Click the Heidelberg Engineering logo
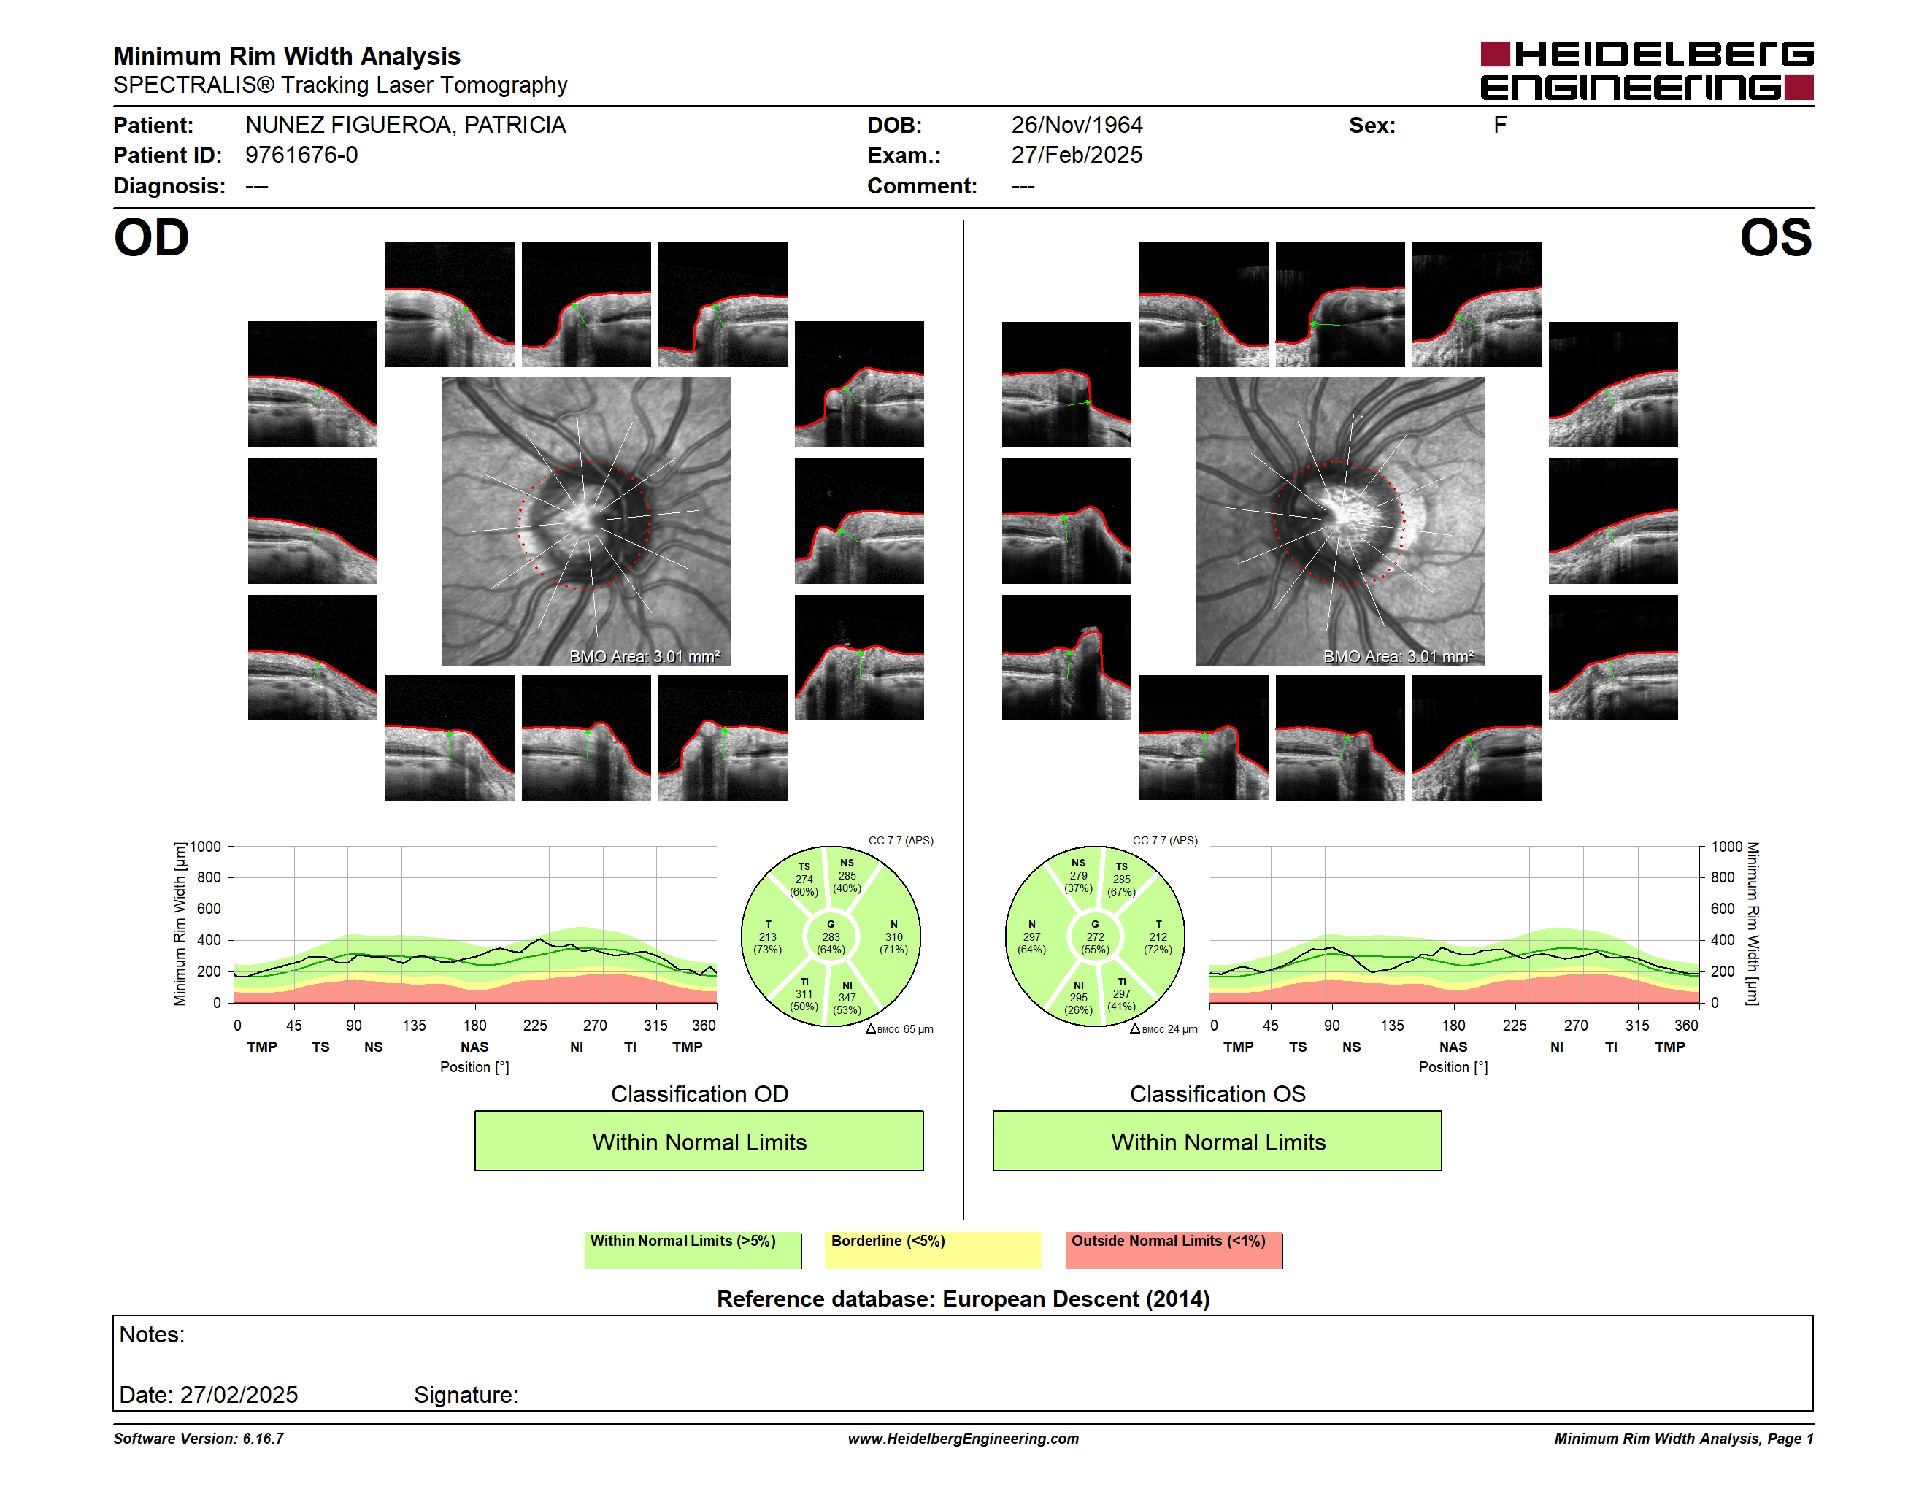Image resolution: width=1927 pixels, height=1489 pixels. (1647, 71)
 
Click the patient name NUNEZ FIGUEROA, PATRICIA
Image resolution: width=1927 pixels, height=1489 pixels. (406, 126)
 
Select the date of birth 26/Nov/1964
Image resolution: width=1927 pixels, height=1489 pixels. (1077, 126)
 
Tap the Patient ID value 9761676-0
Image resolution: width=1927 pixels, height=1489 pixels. (301, 155)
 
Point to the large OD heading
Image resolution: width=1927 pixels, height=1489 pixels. (152, 238)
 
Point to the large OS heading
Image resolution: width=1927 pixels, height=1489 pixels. (1776, 238)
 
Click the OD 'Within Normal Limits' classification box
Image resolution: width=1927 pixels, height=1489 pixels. (699, 1141)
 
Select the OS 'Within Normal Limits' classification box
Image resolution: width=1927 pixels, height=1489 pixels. (1218, 1141)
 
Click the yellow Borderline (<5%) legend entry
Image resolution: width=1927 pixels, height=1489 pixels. (934, 1250)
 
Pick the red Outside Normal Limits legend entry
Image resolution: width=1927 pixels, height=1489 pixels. (1174, 1250)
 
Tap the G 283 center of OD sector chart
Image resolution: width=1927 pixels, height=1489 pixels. (830, 936)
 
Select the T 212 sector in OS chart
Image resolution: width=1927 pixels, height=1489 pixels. (1158, 936)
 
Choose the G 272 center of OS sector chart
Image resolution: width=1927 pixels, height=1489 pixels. (1095, 936)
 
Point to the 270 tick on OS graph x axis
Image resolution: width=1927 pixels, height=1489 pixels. (1576, 1025)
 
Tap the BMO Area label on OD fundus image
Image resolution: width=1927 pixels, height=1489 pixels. (644, 656)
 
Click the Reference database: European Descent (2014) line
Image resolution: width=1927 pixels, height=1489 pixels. (964, 1298)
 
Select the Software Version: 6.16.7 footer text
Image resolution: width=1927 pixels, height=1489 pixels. (199, 1439)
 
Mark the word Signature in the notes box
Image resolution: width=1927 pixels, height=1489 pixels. (465, 1395)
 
